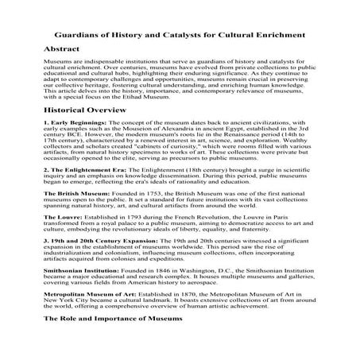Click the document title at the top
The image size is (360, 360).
click(x=179, y=35)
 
